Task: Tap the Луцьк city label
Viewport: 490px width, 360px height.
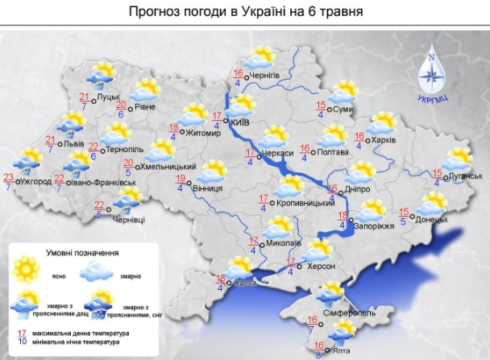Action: coord(108,98)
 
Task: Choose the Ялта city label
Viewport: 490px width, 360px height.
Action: coord(343,350)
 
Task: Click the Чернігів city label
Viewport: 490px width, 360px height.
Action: coord(264,77)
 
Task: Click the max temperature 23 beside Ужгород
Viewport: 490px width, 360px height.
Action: coord(9,177)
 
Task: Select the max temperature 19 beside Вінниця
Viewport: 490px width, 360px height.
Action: coord(181,179)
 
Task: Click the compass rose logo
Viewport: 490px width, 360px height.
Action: coord(431,72)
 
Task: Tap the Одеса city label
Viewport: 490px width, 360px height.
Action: coord(247,283)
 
